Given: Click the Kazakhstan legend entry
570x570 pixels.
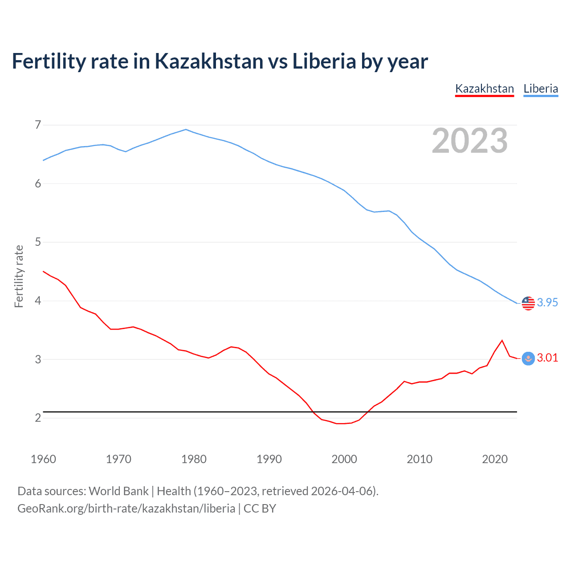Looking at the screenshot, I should (484, 89).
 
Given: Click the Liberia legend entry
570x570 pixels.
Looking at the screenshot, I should (541, 89).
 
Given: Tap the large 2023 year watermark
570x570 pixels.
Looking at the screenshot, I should (470, 141).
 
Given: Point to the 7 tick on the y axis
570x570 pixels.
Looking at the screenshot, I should (38, 125).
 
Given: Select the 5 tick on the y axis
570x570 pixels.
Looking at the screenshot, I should (38, 242).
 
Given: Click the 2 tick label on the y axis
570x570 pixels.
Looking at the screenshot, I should (38, 418).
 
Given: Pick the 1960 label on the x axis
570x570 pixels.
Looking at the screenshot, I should (43, 459).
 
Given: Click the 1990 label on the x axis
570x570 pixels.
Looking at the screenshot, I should (269, 459).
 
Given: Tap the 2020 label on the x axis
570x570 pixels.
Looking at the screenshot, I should (495, 459).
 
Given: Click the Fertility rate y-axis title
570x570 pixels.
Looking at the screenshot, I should (19, 276).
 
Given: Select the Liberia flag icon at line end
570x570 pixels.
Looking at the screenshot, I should (528, 303).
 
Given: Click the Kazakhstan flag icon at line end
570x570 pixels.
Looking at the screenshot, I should (528, 358).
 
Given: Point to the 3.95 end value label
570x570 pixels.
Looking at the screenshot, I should (547, 302).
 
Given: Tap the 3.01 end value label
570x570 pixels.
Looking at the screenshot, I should (547, 358).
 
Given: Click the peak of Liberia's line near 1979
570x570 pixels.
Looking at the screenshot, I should (186, 130).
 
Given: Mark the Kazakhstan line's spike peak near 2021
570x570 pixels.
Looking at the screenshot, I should (502, 341).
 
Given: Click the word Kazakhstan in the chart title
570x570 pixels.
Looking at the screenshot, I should (209, 61).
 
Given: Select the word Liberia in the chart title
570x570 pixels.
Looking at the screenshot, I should (324, 61).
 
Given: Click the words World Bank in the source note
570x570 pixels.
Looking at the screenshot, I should (118, 491).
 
